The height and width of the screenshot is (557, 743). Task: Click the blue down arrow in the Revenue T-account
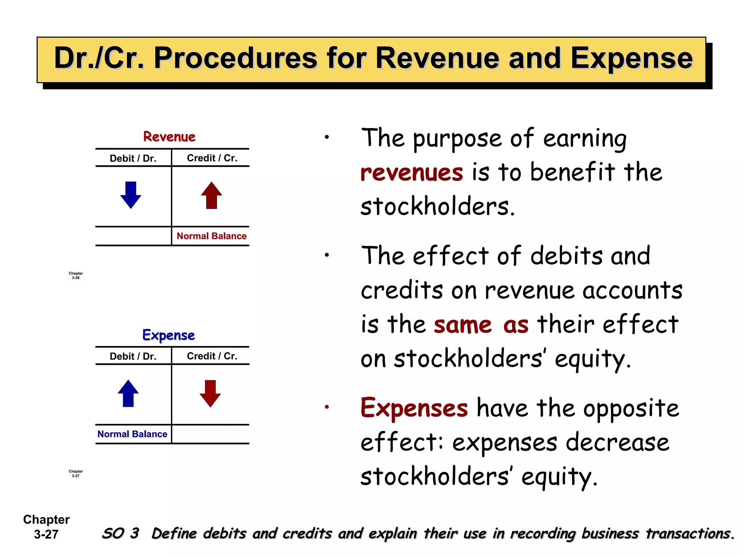pos(131,195)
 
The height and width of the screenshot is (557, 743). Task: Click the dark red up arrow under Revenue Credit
pos(212,195)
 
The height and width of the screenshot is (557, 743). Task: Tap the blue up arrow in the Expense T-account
pos(128,393)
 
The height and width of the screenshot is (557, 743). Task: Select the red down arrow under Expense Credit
pos(210,393)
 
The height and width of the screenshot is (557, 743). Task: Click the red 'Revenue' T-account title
pos(169,137)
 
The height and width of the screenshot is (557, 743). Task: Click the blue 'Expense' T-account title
pos(169,335)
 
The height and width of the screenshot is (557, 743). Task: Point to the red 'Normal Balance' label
pos(212,236)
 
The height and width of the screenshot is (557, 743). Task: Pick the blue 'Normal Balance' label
pos(132,434)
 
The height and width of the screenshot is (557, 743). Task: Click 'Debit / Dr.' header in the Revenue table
pos(133,158)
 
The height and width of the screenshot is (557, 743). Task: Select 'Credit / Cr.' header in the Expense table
pos(212,356)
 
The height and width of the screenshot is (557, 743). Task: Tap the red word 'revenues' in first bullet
pos(412,173)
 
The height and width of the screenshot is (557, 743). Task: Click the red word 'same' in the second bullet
pos(463,325)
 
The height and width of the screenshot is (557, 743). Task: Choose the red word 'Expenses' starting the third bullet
pos(414,408)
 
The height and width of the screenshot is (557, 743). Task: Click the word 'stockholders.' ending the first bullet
pos(438,206)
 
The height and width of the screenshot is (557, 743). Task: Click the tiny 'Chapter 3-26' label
pos(75,276)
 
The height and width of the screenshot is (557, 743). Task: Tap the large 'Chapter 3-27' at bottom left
pos(46,527)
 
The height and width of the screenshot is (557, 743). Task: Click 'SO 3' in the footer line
pos(120,533)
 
